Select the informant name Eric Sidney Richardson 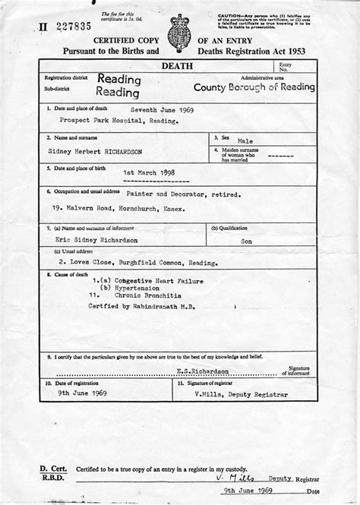(x=103, y=238)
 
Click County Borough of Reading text (x=254, y=87)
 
